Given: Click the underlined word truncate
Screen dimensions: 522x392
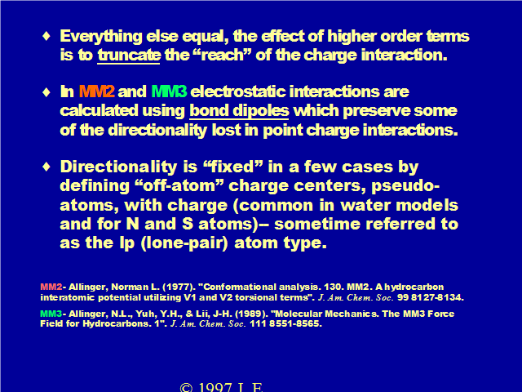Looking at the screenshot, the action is click(x=129, y=55).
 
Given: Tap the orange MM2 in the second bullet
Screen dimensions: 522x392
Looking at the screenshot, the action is click(x=97, y=91).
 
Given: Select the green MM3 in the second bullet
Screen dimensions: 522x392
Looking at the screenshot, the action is click(x=169, y=91).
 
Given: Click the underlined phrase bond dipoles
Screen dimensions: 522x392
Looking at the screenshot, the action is click(x=239, y=111).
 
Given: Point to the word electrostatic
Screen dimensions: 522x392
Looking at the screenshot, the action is click(x=238, y=91).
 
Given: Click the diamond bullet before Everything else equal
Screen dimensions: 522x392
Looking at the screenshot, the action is click(x=46, y=36).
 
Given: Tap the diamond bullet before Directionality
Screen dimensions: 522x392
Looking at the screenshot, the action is click(x=46, y=166).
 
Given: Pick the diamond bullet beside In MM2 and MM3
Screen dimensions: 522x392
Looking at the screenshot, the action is click(x=46, y=91).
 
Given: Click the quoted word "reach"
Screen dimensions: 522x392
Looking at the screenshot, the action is click(x=222, y=55).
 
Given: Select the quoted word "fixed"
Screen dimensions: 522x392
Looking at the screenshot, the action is click(x=233, y=167).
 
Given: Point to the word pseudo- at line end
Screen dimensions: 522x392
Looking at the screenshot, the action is click(x=405, y=186).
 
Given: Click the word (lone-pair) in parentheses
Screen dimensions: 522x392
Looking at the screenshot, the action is click(x=184, y=243).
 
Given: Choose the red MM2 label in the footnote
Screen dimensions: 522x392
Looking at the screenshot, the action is click(x=51, y=287).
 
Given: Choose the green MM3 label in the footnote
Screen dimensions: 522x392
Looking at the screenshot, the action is click(x=51, y=314).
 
